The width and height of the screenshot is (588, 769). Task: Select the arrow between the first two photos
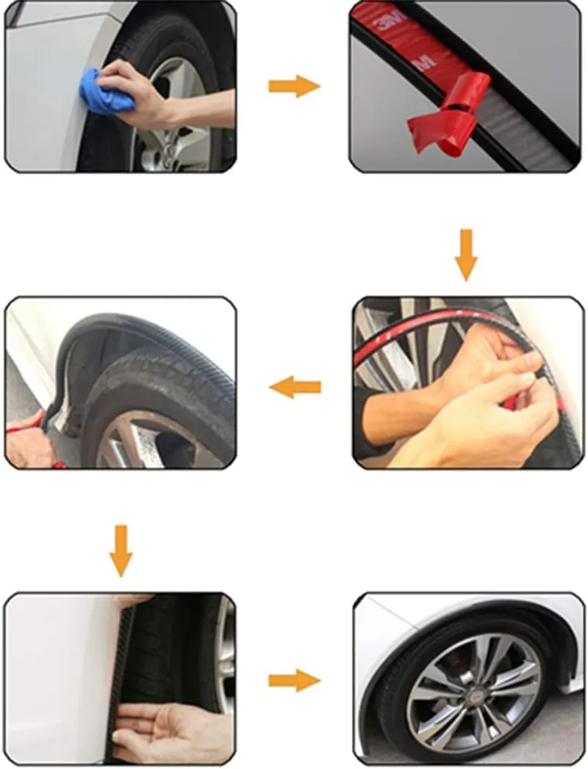(x=294, y=87)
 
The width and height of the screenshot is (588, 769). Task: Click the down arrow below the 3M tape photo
(x=466, y=255)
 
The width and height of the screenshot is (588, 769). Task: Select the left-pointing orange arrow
(x=295, y=388)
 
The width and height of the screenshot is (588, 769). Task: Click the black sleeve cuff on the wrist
(x=369, y=422)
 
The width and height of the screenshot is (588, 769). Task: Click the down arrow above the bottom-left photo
(x=121, y=551)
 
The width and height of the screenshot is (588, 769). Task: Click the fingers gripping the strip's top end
(x=132, y=600)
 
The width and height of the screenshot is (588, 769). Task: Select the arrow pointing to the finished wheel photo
(x=294, y=681)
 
